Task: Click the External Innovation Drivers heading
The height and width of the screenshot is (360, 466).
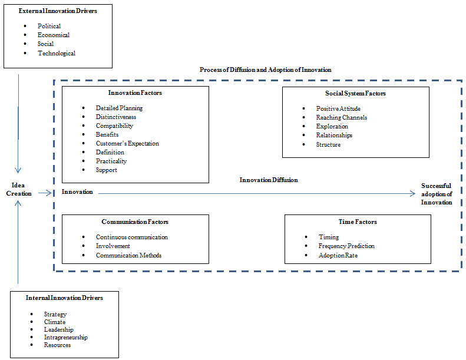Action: pyautogui.click(x=58, y=11)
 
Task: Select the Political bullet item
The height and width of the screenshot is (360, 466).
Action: pyautogui.click(x=49, y=26)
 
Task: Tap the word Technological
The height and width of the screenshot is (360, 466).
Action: pyautogui.click(x=57, y=53)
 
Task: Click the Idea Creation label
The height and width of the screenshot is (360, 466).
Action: pyautogui.click(x=18, y=189)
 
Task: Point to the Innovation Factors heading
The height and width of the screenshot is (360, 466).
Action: pyautogui.click(x=135, y=93)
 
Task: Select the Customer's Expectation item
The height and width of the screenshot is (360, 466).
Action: pyautogui.click(x=127, y=143)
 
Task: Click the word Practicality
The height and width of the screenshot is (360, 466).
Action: pyautogui.click(x=111, y=161)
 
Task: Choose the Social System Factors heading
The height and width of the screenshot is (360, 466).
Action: pyautogui.click(x=355, y=93)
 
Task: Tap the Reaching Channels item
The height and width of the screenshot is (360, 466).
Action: pyautogui.click(x=342, y=117)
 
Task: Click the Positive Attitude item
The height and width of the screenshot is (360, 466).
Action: pyautogui.click(x=338, y=108)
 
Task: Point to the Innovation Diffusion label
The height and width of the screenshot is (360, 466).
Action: pyautogui.click(x=269, y=180)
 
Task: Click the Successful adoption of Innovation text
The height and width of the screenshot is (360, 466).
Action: pyautogui.click(x=437, y=194)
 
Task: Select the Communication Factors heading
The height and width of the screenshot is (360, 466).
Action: pyautogui.click(x=135, y=222)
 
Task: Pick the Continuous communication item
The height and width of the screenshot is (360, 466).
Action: pyautogui.click(x=131, y=237)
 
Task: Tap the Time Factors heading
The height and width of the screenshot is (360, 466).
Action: pyautogui.click(x=358, y=222)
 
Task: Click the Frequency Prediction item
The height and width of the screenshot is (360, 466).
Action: pyautogui.click(x=346, y=246)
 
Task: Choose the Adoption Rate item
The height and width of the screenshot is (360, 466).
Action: pyautogui.click(x=338, y=255)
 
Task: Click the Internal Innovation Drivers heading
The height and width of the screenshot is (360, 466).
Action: pyautogui.click(x=64, y=298)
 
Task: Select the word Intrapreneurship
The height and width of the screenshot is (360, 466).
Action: pyautogui.click(x=65, y=337)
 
